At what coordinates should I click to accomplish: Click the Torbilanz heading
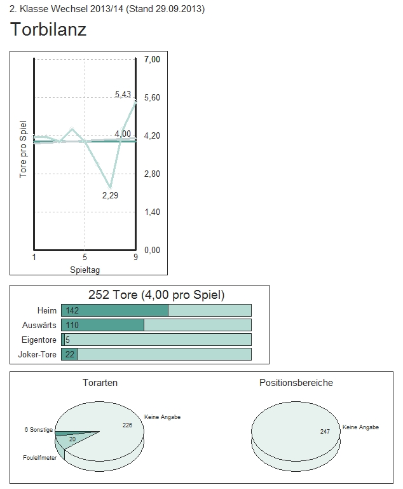pos(48,29)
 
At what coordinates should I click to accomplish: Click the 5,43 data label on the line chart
pos(123,94)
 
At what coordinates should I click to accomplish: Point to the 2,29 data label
pos(110,195)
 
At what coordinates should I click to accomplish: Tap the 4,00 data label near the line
pos(123,133)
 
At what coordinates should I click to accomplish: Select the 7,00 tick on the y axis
pos(152,59)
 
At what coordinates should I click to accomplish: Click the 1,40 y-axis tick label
pos(152,212)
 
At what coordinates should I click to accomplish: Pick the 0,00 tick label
pos(152,250)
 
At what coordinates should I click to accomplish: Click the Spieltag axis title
pos(85,270)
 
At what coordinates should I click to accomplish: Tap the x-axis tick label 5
pos(85,258)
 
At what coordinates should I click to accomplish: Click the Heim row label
pos(47,310)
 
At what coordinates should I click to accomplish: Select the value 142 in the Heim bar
pos(72,310)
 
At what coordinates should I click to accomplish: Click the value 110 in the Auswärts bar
pos(72,325)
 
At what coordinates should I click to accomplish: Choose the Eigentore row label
pos(39,340)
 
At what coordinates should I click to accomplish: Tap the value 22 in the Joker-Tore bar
pos(70,354)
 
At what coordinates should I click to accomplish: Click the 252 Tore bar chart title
pos(156,295)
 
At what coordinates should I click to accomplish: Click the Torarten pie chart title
pos(100,383)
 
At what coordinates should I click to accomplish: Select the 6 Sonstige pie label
pos(38,430)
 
